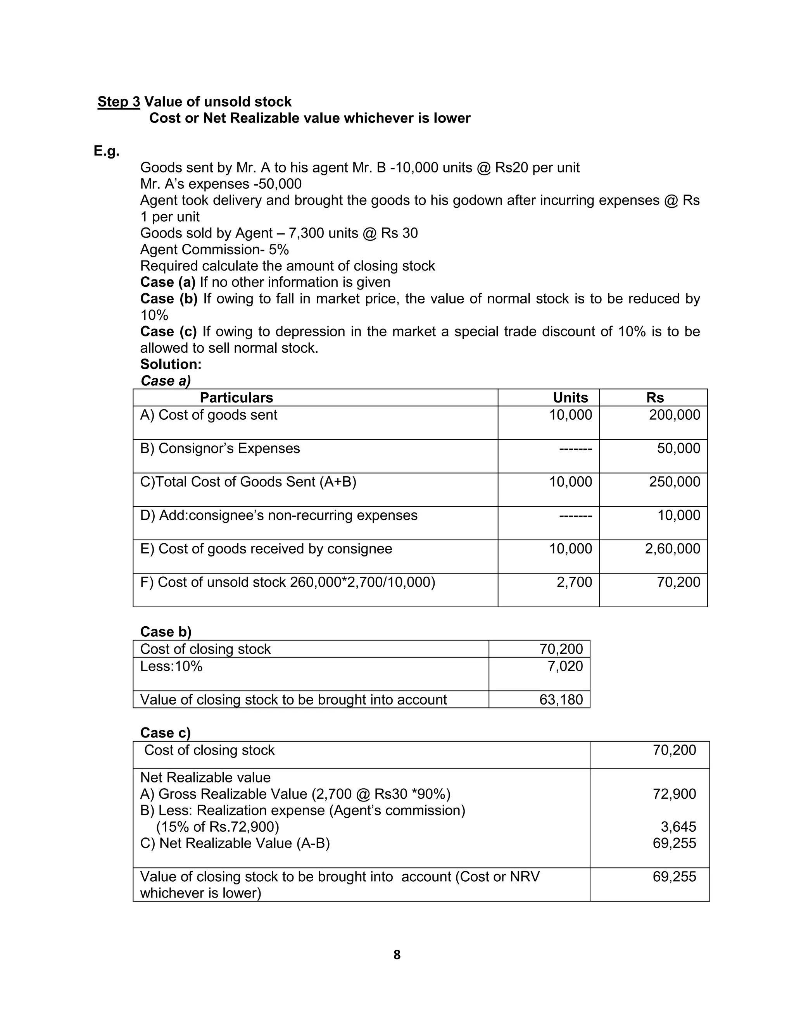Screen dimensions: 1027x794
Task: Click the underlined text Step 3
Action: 119,102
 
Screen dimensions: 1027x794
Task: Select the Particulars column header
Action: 236,398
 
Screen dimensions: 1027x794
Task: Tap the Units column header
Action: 570,398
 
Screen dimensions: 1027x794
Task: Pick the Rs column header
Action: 655,398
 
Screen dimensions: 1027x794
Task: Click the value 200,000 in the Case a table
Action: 674,415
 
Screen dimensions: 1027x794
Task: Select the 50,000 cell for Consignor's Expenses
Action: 678,448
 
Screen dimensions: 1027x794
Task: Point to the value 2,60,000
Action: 672,548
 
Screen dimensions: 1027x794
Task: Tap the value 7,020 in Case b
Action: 565,666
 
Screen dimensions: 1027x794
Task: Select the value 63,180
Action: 561,700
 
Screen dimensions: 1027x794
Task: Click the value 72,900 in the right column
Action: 674,794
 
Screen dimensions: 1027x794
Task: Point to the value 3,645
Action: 678,827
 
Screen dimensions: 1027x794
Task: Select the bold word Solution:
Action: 171,364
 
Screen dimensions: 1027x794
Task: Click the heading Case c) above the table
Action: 166,732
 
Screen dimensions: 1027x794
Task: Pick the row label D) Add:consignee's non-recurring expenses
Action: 278,515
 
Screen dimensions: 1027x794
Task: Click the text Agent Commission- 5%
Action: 214,249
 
